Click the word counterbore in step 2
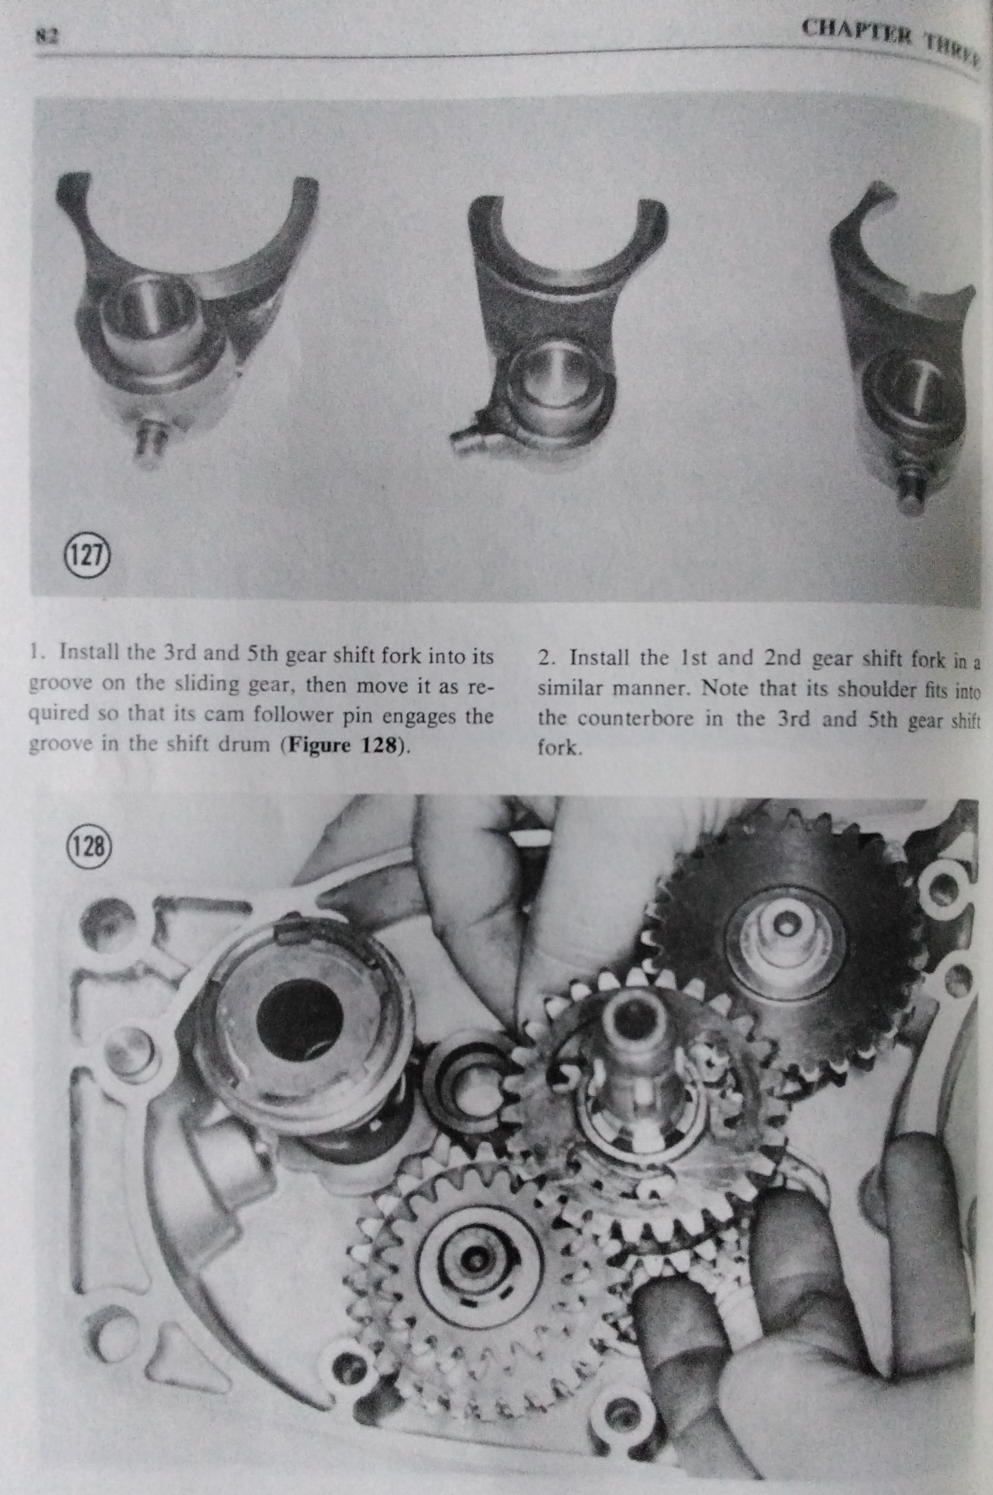coord(640,719)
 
